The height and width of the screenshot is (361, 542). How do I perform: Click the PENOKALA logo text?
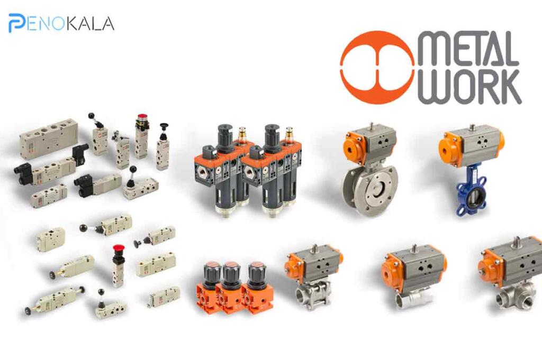coord(61,23)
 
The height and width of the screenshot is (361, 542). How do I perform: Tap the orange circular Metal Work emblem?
coord(377,67)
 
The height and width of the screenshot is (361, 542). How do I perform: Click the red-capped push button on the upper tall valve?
coord(142,118)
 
